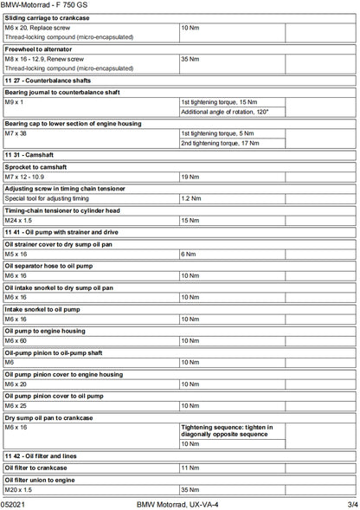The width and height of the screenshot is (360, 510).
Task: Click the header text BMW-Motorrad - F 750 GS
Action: click(42, 5)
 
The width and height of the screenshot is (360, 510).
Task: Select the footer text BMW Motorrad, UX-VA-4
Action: click(178, 503)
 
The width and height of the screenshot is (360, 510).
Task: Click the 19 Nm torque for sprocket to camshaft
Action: click(190, 177)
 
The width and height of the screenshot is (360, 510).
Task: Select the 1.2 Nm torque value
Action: click(190, 198)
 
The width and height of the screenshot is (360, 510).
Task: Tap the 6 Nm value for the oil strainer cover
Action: click(188, 255)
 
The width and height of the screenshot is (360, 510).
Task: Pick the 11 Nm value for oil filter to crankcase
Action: click(190, 468)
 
